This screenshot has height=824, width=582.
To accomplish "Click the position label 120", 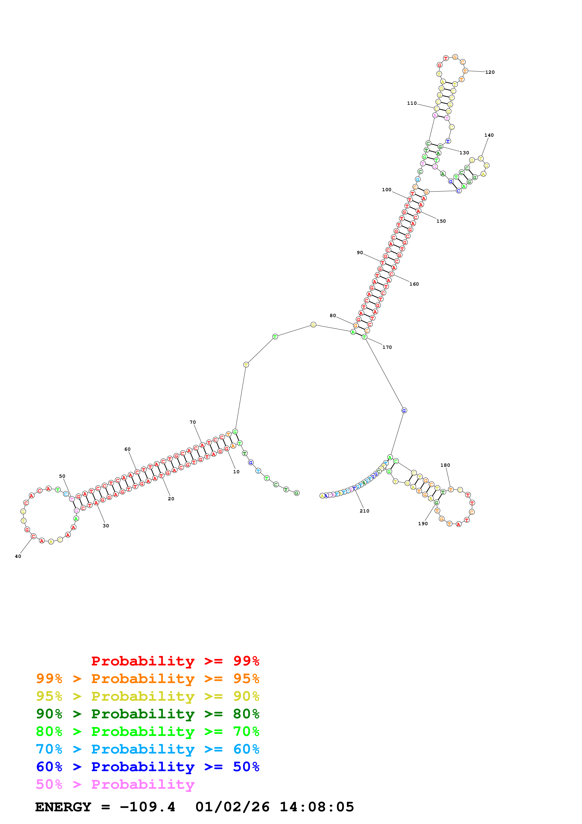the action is (489, 72).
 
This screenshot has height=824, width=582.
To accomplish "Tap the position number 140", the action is (489, 135).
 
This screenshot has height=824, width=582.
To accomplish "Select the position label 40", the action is (18, 556).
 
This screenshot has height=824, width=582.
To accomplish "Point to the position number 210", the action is (364, 511).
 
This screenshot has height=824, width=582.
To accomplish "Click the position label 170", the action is (387, 347).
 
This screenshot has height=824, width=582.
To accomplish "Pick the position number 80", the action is (333, 315).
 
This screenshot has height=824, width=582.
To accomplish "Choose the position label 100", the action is (387, 190).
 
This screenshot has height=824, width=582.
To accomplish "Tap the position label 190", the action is (423, 524).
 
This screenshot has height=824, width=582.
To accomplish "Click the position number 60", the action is (127, 449).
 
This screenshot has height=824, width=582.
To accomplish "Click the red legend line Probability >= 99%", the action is (175, 661).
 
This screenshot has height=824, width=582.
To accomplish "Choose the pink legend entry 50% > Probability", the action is (115, 784).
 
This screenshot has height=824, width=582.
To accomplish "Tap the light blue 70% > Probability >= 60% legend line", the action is (147, 749).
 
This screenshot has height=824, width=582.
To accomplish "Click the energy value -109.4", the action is (147, 807).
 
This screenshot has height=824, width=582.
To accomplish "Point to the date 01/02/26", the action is (232, 807).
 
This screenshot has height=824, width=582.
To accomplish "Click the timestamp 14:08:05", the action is (317, 807).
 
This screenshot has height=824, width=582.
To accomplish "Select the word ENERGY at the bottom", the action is (63, 807).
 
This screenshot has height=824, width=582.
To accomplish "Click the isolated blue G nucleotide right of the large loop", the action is (404, 411).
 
